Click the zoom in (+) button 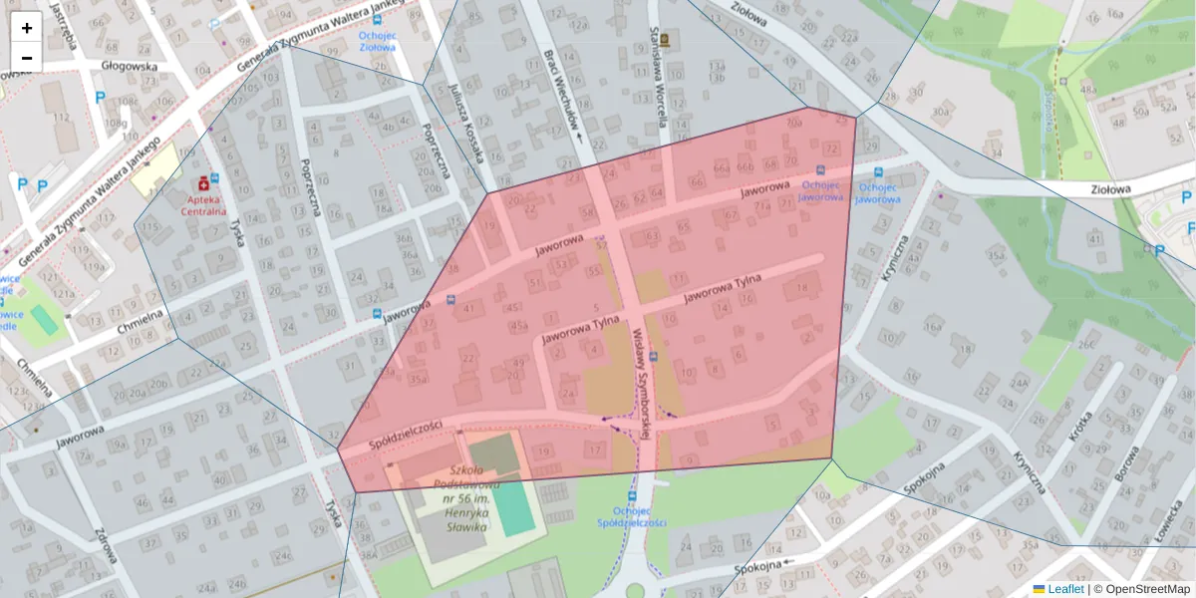click(27, 28)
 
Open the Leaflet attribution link click(1064, 589)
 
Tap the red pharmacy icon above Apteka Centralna click(204, 183)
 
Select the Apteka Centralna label click(203, 204)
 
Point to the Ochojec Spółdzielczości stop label click(631, 515)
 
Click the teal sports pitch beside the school click(512, 508)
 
